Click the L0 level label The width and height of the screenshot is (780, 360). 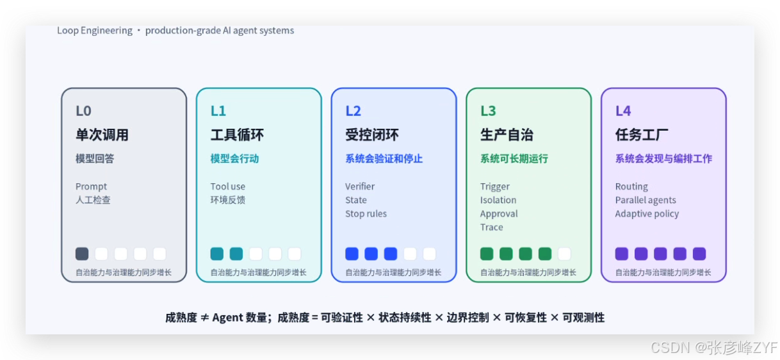point(83,111)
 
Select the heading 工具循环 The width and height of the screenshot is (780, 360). point(237,135)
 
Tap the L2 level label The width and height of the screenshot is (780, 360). point(353,111)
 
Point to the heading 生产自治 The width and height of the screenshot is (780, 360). point(507,135)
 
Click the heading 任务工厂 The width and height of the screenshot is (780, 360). point(642,135)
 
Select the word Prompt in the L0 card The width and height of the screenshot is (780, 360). point(91,186)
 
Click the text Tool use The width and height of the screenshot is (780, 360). point(228,186)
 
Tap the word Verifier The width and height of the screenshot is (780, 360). point(360,186)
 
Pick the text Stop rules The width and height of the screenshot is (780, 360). point(366,213)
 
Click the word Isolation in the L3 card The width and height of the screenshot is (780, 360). point(498,200)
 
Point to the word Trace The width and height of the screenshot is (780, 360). point(492,227)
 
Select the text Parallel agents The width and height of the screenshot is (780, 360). point(646,200)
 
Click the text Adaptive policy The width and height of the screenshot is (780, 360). point(647,213)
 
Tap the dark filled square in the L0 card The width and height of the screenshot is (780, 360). point(82,254)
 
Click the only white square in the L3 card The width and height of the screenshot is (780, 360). point(564,254)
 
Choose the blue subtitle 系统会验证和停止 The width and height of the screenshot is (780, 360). point(384,159)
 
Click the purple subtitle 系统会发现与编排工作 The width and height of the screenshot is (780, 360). point(663,159)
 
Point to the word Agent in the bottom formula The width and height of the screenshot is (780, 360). point(228,318)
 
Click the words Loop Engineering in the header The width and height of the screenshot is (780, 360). point(95,31)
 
